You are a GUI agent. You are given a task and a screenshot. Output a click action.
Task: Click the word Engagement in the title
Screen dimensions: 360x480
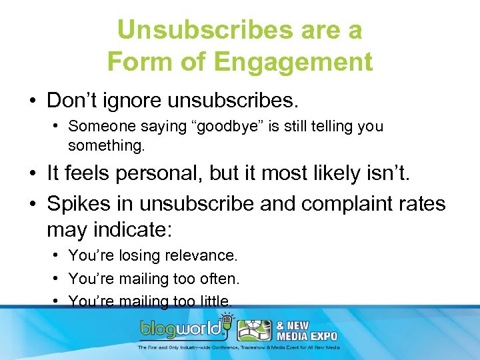(x=293, y=62)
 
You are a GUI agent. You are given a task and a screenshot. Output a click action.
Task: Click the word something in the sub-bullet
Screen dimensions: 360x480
(x=106, y=144)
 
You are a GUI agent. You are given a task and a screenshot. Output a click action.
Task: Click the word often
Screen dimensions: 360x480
(x=219, y=279)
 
